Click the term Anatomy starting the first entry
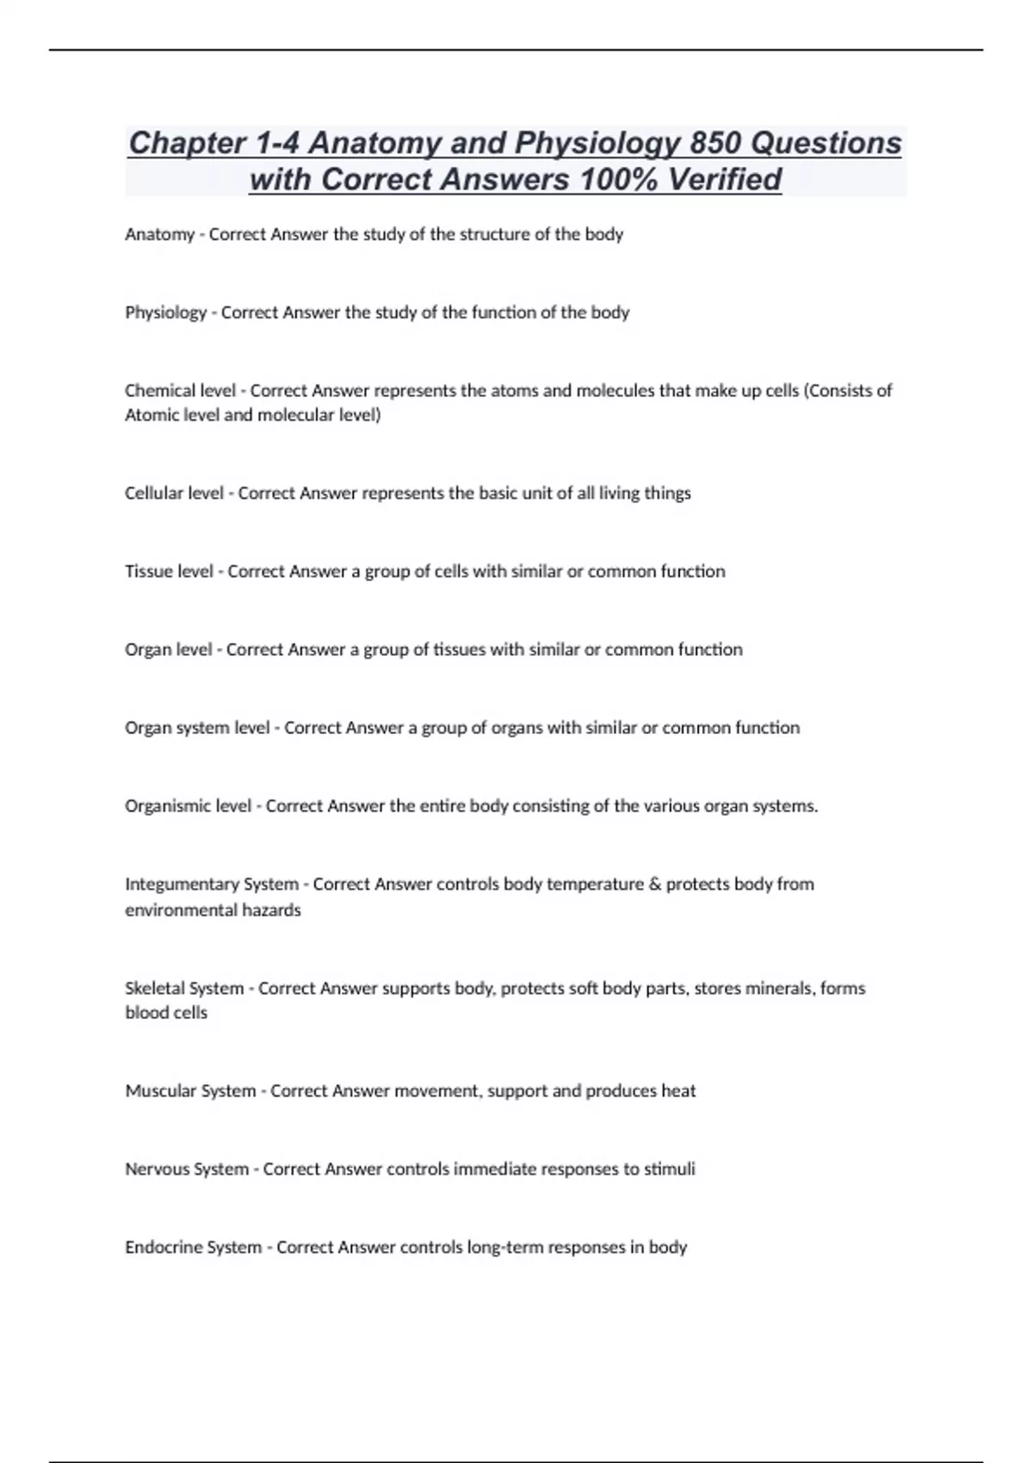coord(159,235)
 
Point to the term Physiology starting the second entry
coord(166,313)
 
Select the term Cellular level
coord(174,494)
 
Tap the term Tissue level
coord(169,572)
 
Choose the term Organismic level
coord(188,806)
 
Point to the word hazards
coord(272,911)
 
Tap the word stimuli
coord(670,1170)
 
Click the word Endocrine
coord(160,1248)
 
